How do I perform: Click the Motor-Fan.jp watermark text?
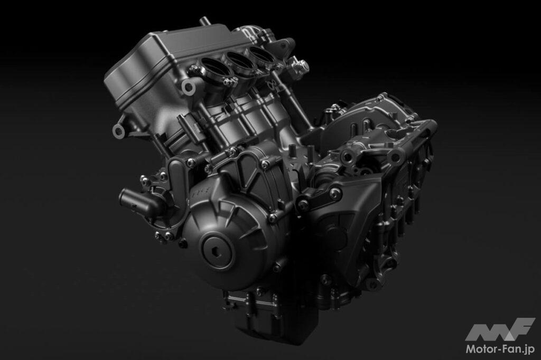coord(500,349)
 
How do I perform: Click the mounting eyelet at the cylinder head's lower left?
coord(118,131)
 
